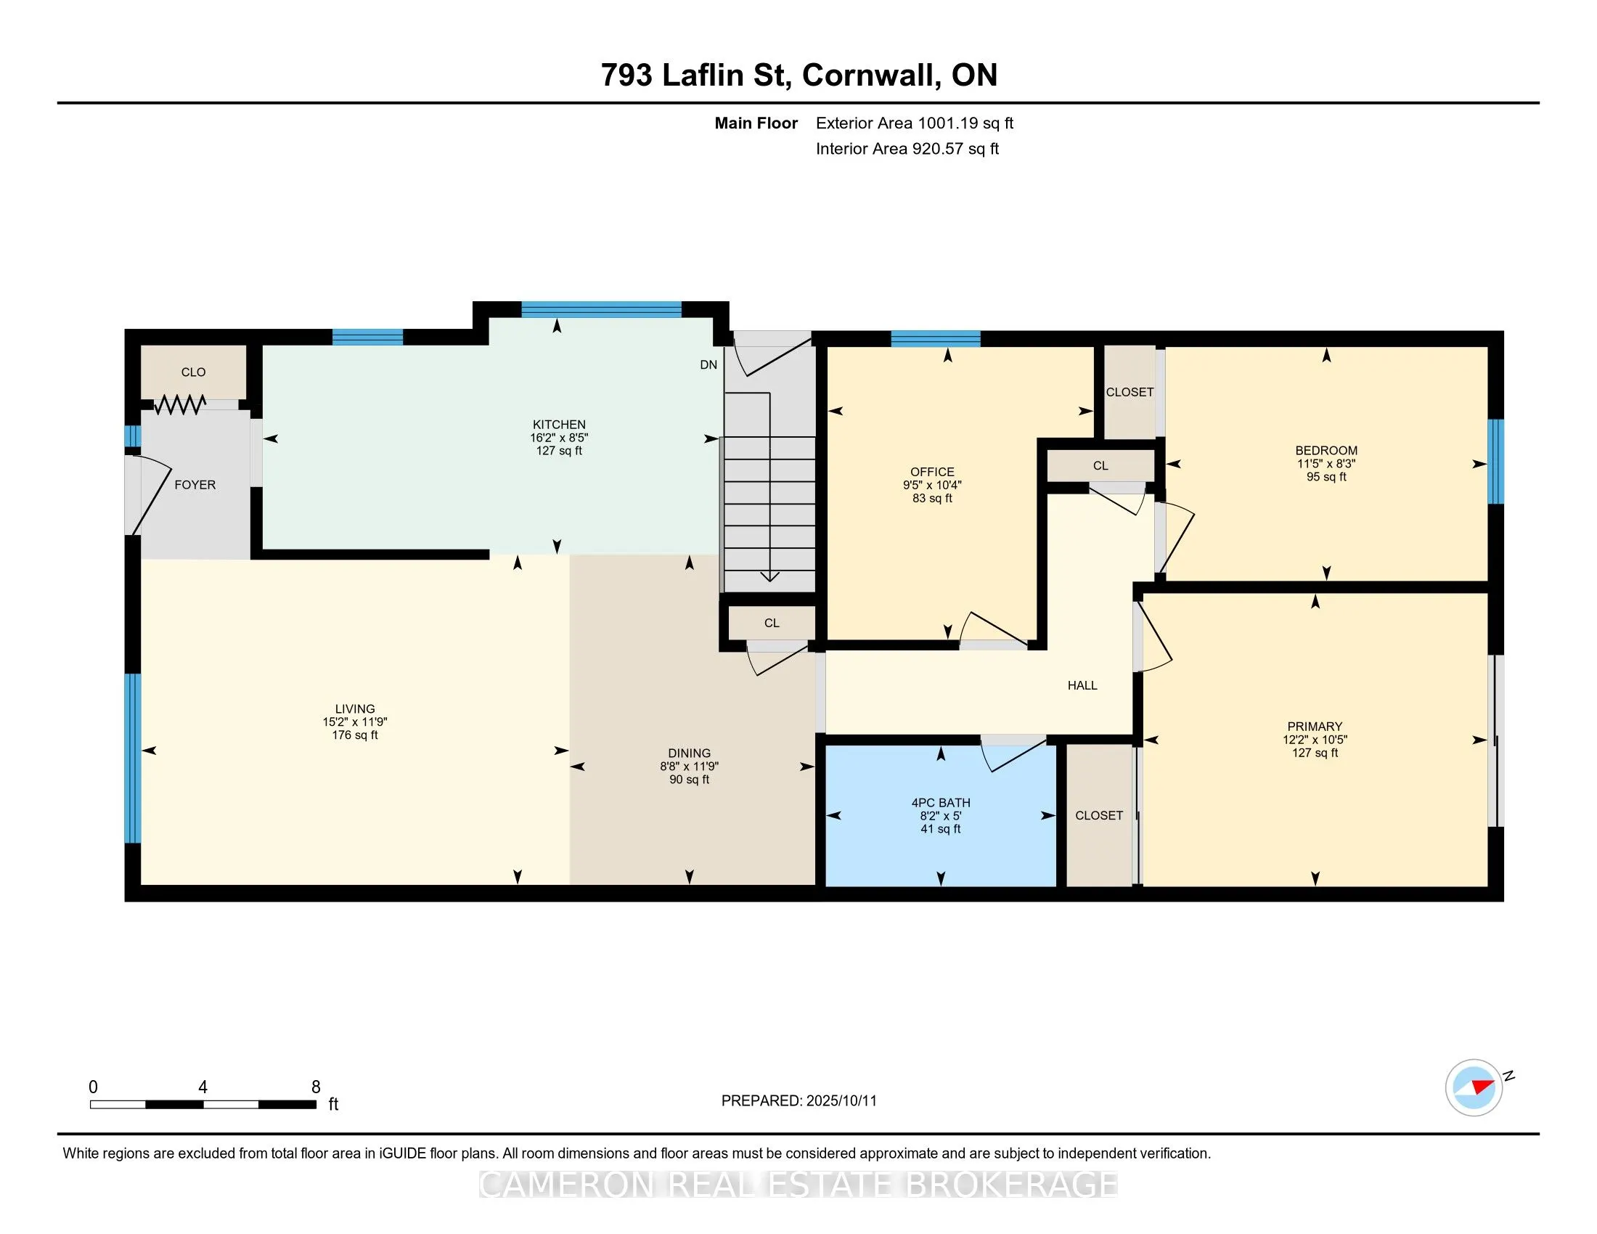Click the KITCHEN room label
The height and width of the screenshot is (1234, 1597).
click(x=559, y=424)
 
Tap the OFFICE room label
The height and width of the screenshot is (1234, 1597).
click(x=932, y=472)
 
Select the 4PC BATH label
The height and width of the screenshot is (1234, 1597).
click(x=940, y=802)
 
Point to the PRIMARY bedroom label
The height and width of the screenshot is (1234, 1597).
click(x=1315, y=726)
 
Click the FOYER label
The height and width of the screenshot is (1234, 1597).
click(x=195, y=485)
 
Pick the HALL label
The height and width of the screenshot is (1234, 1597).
click(x=1082, y=685)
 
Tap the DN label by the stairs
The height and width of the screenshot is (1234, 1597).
click(x=708, y=365)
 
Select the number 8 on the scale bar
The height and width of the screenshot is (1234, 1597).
click(x=316, y=1087)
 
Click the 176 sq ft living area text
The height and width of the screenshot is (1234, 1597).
click(x=355, y=735)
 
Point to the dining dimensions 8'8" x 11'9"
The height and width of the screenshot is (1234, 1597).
click(x=689, y=766)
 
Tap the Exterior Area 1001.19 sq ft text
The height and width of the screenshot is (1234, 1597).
click(x=915, y=123)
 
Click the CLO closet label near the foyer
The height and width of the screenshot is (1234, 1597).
click(x=193, y=372)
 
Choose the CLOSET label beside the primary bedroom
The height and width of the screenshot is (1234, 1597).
click(x=1099, y=815)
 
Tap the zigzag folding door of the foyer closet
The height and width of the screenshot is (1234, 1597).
click(x=180, y=404)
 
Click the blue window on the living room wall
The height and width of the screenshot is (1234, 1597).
click(x=132, y=758)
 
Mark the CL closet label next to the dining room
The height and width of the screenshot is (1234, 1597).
click(x=772, y=623)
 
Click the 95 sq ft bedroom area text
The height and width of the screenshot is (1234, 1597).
click(x=1326, y=477)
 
